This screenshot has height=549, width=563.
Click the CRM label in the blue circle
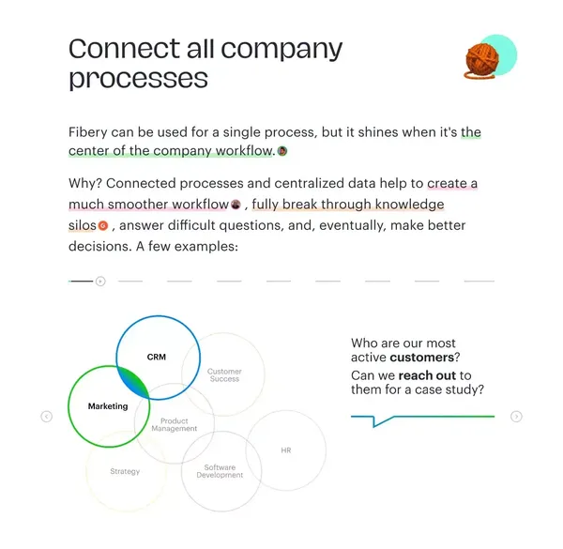point(157,357)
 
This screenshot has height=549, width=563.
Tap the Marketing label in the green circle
point(108,406)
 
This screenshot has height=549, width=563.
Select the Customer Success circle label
point(224,374)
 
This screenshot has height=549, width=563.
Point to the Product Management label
point(175,424)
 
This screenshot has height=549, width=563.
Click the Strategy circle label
point(125,471)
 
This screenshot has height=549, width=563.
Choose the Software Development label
point(220,471)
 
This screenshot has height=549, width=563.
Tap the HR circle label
point(286,450)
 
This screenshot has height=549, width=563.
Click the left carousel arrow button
point(47,417)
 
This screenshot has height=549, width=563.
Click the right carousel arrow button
point(516,417)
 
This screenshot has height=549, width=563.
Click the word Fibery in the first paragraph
point(88,132)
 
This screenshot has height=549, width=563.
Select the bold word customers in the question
point(422,358)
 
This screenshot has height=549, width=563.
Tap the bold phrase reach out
point(427,375)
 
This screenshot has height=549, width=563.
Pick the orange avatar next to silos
point(103,225)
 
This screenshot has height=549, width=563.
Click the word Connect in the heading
point(125,49)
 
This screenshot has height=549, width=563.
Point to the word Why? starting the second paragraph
point(85,184)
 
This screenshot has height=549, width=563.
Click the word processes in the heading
point(138,78)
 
